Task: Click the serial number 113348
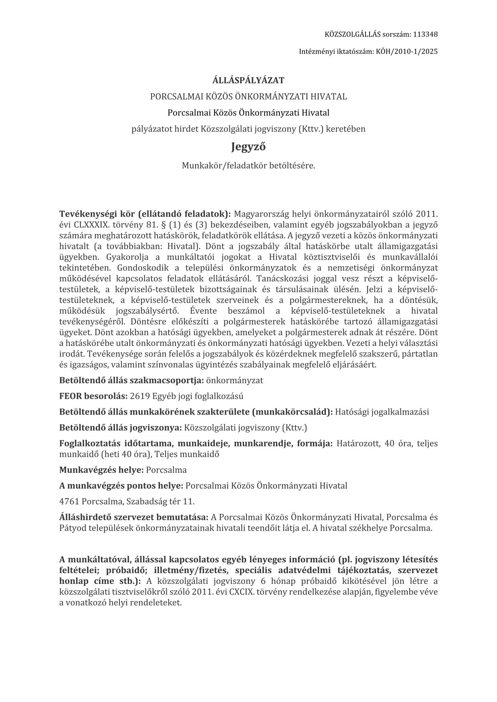(x=425, y=34)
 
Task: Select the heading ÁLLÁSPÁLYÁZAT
(x=248, y=80)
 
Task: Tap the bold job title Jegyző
(x=248, y=147)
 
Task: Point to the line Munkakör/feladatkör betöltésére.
(x=248, y=165)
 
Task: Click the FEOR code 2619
(x=140, y=396)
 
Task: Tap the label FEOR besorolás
(x=93, y=396)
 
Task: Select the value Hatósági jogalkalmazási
(x=382, y=412)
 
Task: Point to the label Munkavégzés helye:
(x=101, y=470)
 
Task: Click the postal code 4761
(x=69, y=502)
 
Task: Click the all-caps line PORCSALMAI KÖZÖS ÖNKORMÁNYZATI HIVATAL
(x=248, y=97)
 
